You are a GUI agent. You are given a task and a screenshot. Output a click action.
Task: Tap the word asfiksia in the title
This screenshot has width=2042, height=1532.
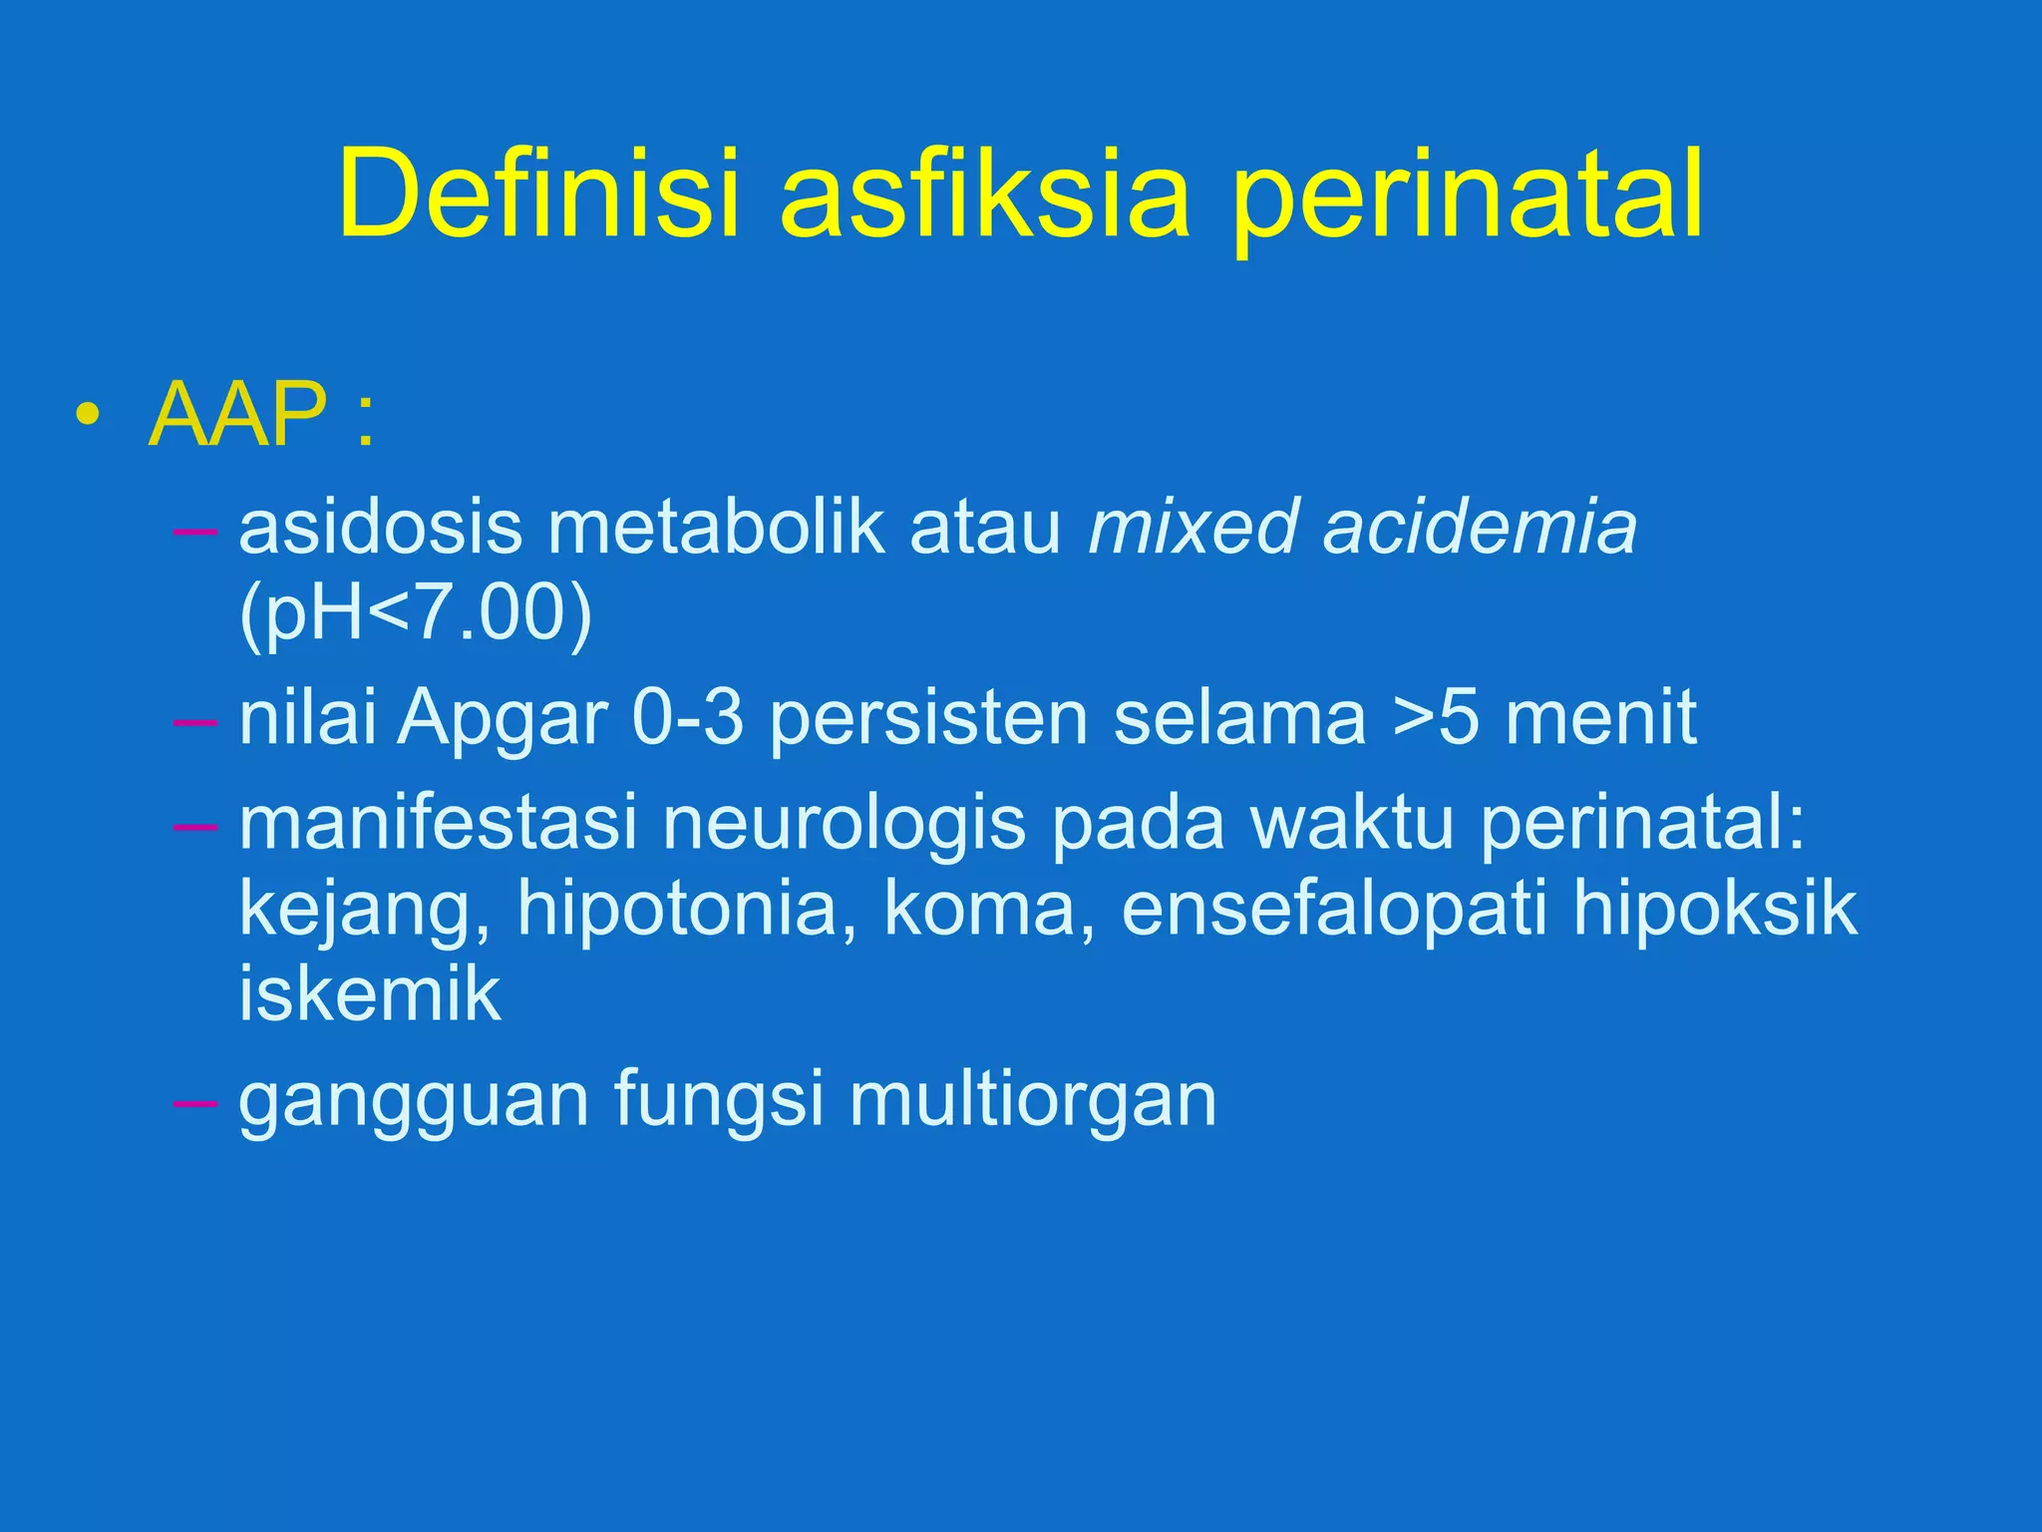click(985, 194)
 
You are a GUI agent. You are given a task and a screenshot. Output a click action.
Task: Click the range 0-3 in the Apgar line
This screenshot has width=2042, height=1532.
click(688, 718)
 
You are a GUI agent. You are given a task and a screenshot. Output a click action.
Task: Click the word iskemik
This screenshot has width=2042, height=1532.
click(369, 995)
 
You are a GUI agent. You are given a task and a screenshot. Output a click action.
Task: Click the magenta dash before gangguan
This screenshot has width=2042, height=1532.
click(194, 1103)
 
